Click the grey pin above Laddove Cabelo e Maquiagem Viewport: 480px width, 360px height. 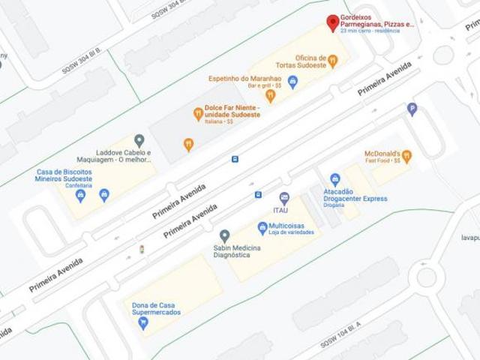[139, 140]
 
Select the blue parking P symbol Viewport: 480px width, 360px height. [411, 109]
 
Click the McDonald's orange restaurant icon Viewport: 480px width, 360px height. [406, 156]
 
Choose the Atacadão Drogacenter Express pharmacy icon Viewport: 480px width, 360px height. [335, 180]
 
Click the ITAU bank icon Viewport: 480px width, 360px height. [284, 198]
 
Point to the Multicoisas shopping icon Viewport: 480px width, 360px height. [262, 226]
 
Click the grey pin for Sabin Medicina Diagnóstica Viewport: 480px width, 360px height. [224, 235]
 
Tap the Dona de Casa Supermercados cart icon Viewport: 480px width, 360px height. [142, 323]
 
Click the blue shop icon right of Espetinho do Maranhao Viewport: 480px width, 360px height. [293, 82]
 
